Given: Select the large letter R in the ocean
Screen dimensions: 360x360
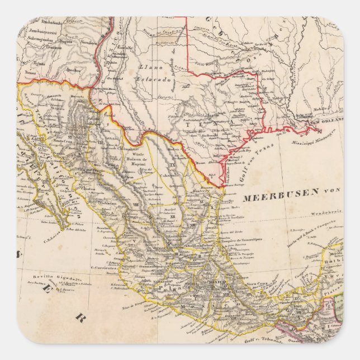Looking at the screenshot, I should [79, 318].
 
